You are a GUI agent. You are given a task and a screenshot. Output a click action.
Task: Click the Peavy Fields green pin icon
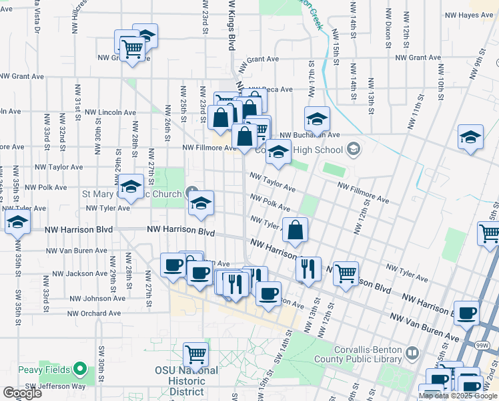coord(79,368)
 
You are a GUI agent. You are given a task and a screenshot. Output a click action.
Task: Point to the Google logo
coord(22,393)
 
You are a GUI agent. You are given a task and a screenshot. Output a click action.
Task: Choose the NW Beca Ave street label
coord(270,89)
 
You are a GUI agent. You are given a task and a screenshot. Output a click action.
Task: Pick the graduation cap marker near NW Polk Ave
coord(131,186)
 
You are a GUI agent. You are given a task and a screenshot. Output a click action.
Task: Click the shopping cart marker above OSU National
coord(195,354)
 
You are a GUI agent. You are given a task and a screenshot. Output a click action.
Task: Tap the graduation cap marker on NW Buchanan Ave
coord(317,119)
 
